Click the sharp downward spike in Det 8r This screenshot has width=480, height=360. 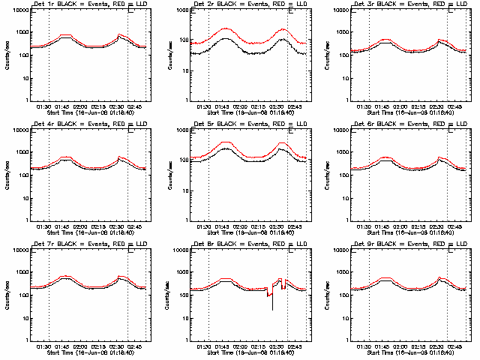(272, 308)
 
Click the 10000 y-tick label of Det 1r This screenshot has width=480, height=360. (18, 11)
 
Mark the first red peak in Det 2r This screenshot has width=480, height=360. (225, 28)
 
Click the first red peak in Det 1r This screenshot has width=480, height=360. (66, 35)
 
